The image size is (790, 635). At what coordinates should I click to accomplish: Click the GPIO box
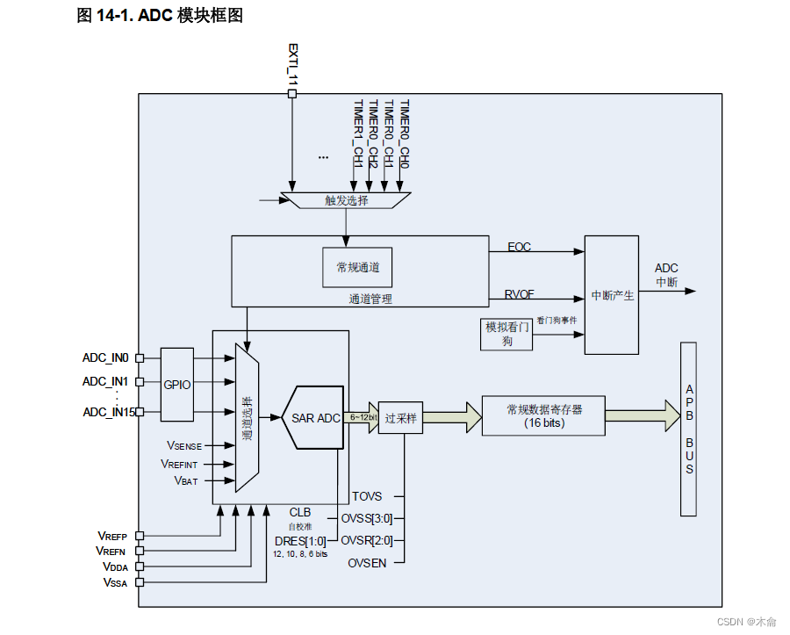[x=176, y=384]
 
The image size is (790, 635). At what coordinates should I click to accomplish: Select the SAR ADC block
[x=314, y=418]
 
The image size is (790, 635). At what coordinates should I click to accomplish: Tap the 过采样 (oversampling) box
[x=400, y=418]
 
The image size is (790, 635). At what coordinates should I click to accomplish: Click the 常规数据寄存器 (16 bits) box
[x=543, y=415]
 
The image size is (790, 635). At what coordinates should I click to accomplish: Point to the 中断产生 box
[x=612, y=295]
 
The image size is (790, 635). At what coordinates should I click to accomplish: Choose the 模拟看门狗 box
[x=506, y=334]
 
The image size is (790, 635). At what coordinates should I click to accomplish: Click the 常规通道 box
[x=357, y=267]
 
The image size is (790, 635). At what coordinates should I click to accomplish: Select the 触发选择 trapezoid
[x=346, y=200]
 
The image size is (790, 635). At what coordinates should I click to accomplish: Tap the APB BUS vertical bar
[x=689, y=429]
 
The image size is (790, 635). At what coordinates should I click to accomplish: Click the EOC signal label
[x=520, y=247]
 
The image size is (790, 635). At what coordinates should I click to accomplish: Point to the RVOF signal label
[x=520, y=293]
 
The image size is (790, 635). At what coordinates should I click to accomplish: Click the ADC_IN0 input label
[x=105, y=357]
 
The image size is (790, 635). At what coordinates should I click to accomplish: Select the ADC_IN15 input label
[x=108, y=412]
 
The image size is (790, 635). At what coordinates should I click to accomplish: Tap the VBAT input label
[x=186, y=481]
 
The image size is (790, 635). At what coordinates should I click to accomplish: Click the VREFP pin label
[x=111, y=535]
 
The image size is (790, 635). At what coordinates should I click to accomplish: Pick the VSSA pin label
[x=115, y=582]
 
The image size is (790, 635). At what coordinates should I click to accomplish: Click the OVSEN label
[x=366, y=562]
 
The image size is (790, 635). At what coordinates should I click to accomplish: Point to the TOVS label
[x=366, y=496]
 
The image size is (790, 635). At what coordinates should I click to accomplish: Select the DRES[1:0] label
[x=300, y=540]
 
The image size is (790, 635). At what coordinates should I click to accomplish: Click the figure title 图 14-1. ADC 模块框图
[x=160, y=15]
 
